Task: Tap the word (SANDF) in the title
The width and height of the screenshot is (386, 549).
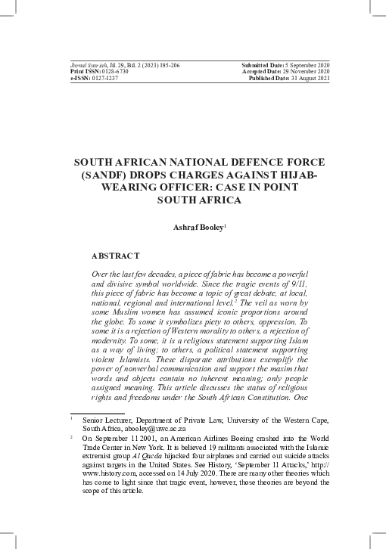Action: pyautogui.click(x=112, y=174)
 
